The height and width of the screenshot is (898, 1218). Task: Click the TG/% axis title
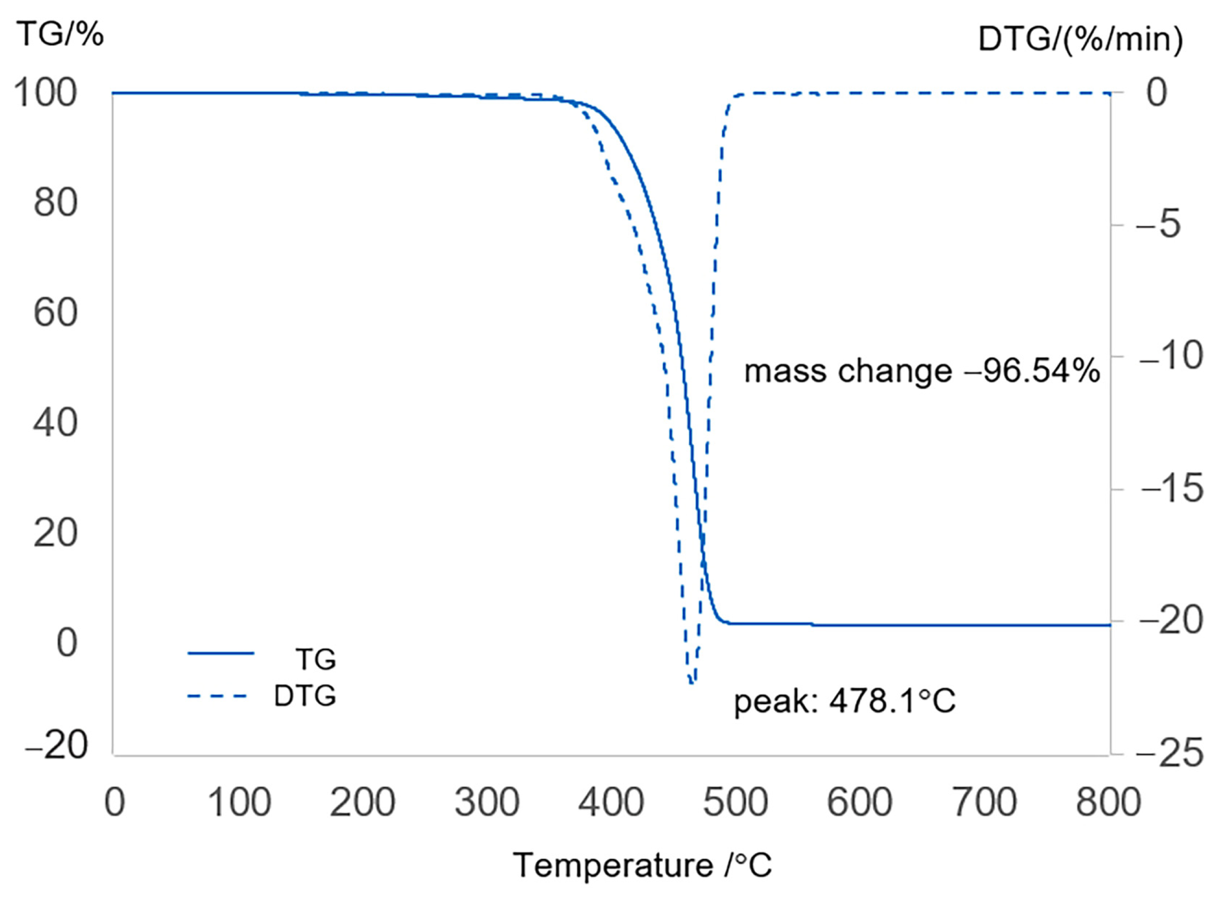pyautogui.click(x=60, y=36)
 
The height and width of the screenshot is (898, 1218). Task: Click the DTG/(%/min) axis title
pyautogui.click(x=1080, y=40)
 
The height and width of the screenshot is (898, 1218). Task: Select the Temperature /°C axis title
pyautogui.click(x=642, y=864)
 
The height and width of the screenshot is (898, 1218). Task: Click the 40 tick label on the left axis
pyautogui.click(x=55, y=422)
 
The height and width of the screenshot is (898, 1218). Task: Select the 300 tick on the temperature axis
pyautogui.click(x=487, y=802)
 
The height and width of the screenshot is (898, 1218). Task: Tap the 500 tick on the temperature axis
pyautogui.click(x=735, y=802)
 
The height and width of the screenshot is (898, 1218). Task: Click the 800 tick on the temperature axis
pyautogui.click(x=1108, y=802)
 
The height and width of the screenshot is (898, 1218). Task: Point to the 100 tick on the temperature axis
pyautogui.click(x=239, y=802)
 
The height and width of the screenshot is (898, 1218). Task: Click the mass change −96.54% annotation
pyautogui.click(x=922, y=372)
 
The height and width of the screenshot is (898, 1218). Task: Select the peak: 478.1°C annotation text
pyautogui.click(x=845, y=701)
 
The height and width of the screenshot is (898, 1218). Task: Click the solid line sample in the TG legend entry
pyautogui.click(x=220, y=653)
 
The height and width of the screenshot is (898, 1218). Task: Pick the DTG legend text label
pyautogui.click(x=305, y=696)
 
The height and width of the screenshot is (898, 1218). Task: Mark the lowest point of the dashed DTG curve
pyautogui.click(x=691, y=683)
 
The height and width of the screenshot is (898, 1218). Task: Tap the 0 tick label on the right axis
pyautogui.click(x=1157, y=92)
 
